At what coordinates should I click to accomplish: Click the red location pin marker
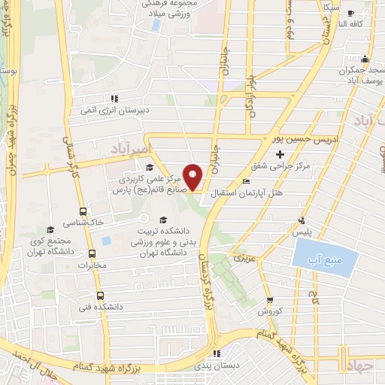pos(193,177)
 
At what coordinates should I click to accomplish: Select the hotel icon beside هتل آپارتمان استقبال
pos(247,181)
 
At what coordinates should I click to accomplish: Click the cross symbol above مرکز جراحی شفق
pos(280,154)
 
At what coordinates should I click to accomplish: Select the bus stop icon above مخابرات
pos(92,253)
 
